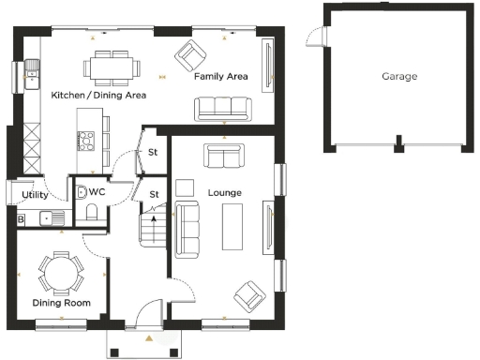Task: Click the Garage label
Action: (x=399, y=76)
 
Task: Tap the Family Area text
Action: (x=220, y=76)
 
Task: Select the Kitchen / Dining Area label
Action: (x=98, y=95)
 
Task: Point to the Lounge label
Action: (x=225, y=193)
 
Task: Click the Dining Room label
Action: (x=61, y=303)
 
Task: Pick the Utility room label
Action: (x=35, y=195)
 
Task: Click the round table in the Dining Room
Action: (x=61, y=273)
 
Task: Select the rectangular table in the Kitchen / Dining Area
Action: (x=111, y=67)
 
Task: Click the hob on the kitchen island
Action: (x=85, y=141)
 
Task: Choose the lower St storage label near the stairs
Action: (x=155, y=194)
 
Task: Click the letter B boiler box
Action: (x=22, y=219)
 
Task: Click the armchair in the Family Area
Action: (x=193, y=56)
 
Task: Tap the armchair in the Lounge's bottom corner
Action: (x=249, y=295)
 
